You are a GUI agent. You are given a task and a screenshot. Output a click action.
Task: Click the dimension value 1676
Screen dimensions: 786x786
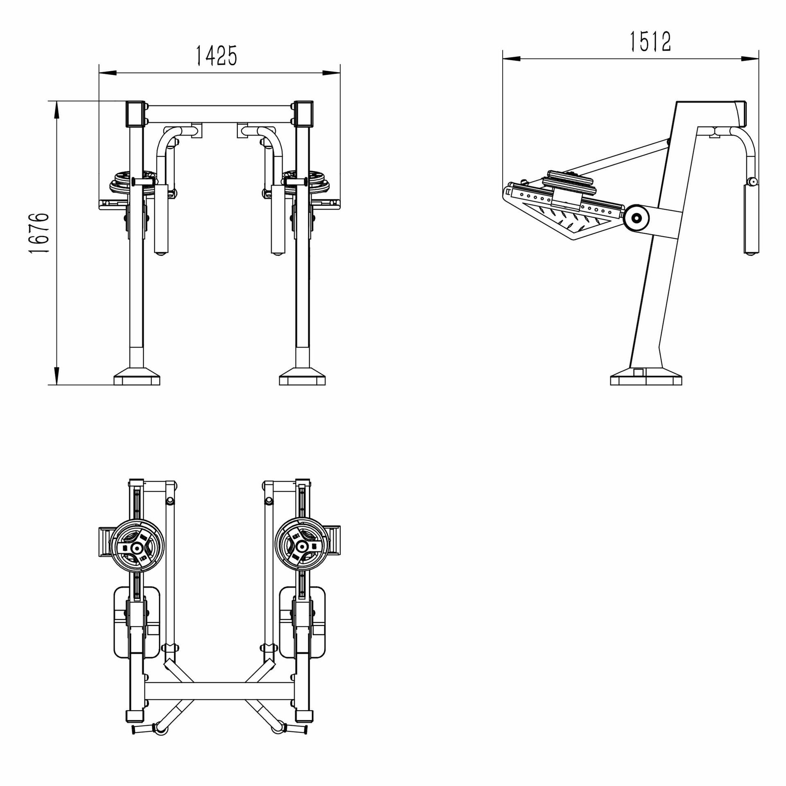pos(40,233)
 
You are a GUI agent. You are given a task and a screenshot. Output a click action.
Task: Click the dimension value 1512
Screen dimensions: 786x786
pos(650,42)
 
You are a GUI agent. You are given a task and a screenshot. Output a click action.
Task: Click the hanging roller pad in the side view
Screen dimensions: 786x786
pos(751,219)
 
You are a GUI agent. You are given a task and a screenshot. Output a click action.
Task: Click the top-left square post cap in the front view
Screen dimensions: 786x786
pos(136,114)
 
